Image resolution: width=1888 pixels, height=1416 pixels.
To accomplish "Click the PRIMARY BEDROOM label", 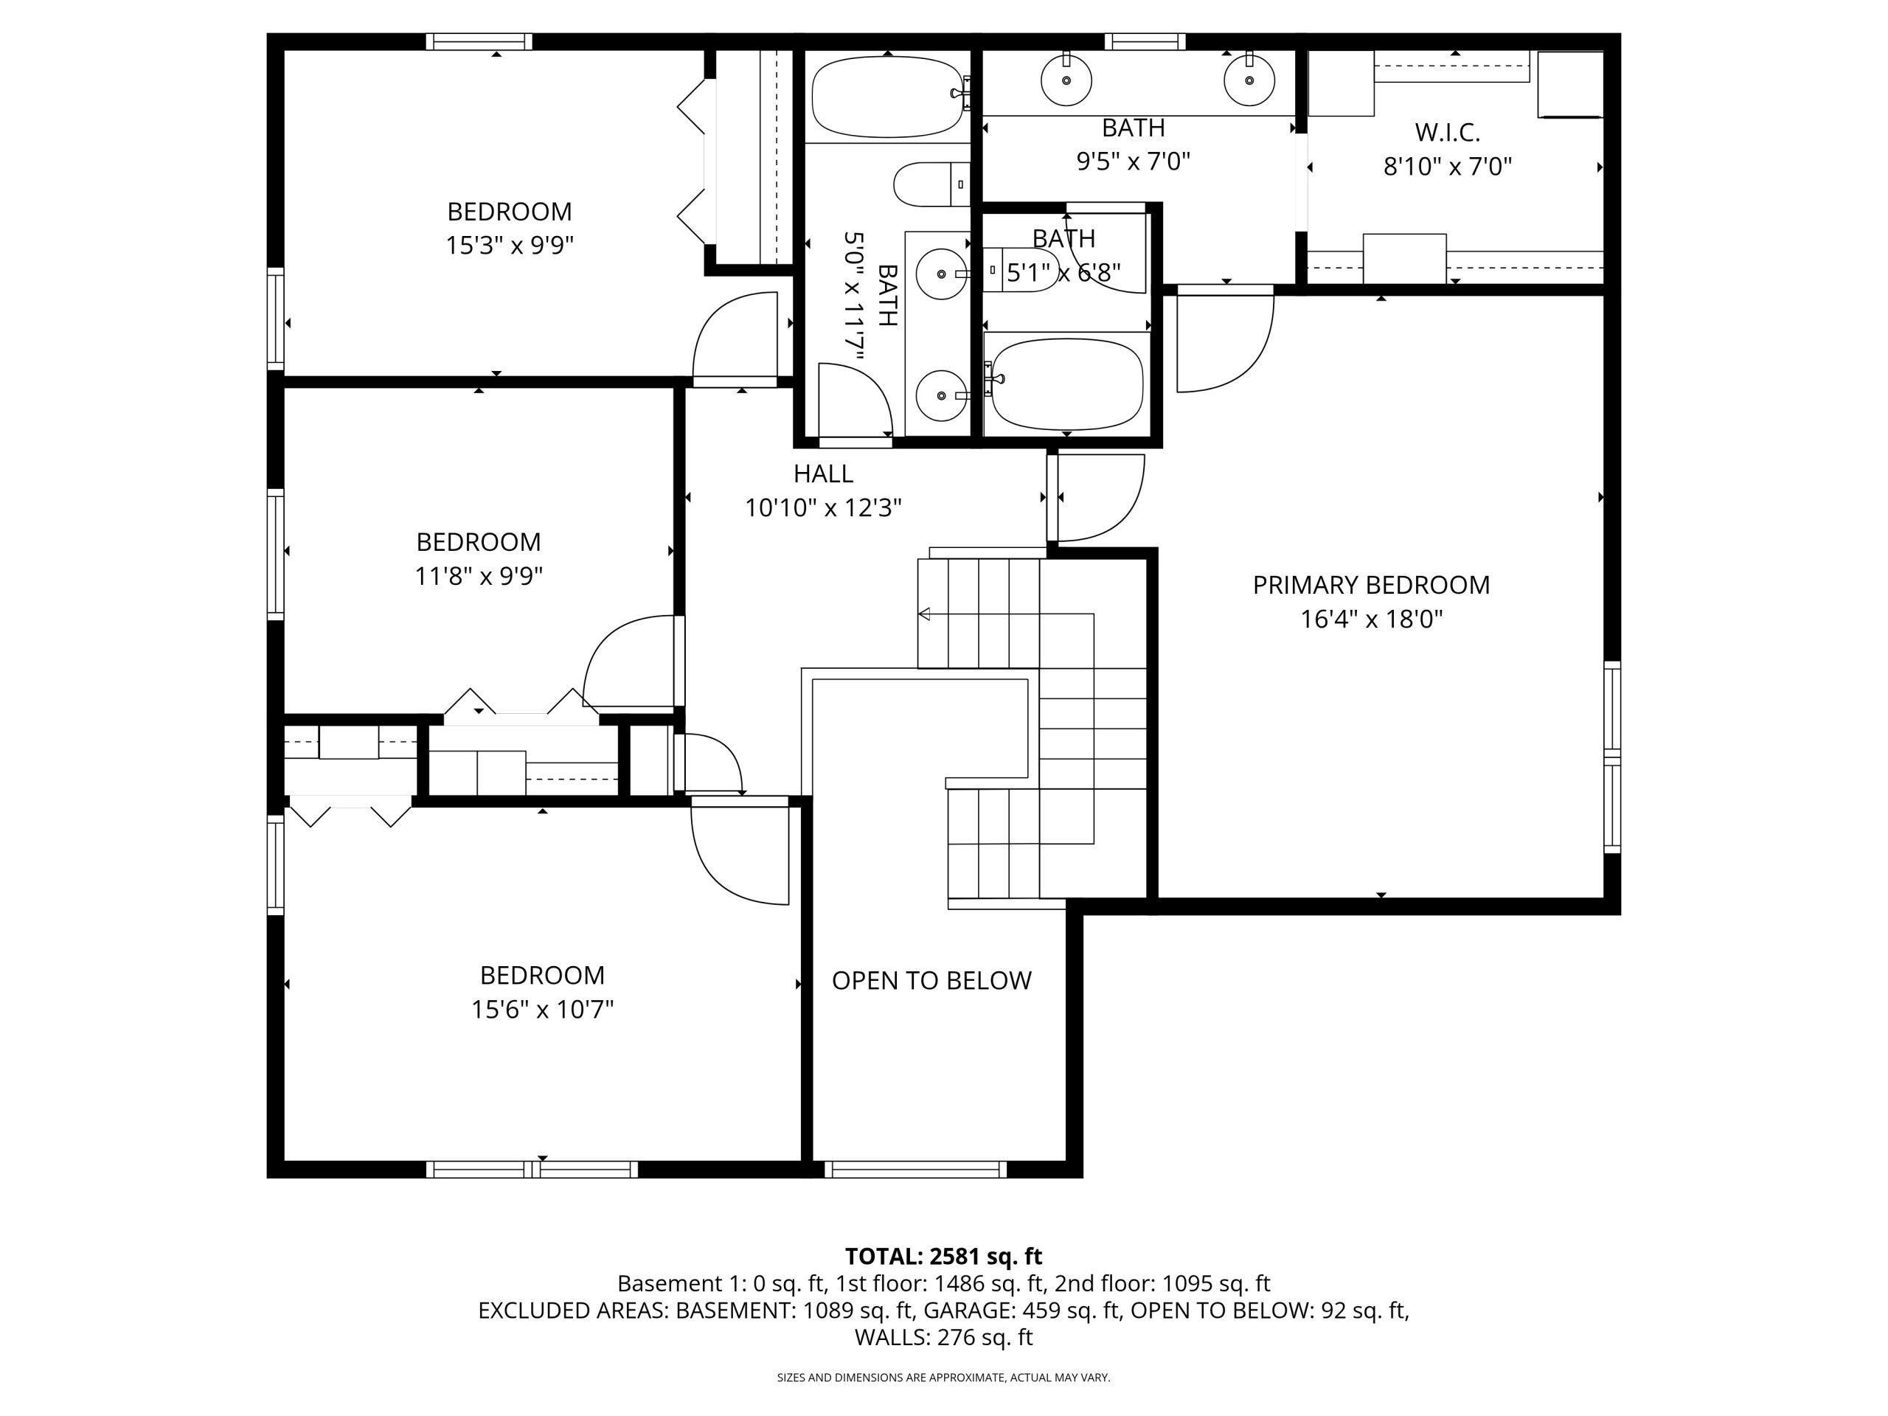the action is [x=1371, y=585].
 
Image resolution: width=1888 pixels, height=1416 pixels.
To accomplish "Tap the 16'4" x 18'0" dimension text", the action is [x=1371, y=619].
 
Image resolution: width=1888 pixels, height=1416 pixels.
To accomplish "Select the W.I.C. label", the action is [x=1447, y=132].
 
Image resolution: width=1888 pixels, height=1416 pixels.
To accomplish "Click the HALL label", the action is [x=823, y=473].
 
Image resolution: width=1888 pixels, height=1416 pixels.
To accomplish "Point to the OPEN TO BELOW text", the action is [x=931, y=981].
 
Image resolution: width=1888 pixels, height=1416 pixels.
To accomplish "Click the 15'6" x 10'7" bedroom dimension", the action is [x=542, y=1010].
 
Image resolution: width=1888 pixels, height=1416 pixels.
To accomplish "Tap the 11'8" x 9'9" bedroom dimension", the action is [x=479, y=576].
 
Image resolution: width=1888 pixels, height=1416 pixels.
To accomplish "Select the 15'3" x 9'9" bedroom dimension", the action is [x=510, y=246].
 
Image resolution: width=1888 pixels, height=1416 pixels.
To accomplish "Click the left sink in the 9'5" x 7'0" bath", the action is [x=1066, y=80].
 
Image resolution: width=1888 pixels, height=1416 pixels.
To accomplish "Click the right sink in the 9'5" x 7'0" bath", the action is [x=1249, y=80].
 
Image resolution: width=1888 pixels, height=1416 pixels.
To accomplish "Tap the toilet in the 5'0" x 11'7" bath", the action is [x=932, y=184].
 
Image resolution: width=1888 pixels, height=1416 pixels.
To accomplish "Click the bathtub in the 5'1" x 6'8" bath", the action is [x=1067, y=384].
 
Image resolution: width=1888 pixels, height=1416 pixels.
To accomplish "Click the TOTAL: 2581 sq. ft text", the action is [x=943, y=1257].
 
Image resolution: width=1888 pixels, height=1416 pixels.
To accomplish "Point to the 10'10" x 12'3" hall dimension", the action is [x=823, y=508].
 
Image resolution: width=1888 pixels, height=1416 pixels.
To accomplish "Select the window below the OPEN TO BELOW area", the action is [x=916, y=1170].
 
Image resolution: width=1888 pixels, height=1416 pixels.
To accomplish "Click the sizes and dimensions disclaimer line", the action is [x=943, y=1378].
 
